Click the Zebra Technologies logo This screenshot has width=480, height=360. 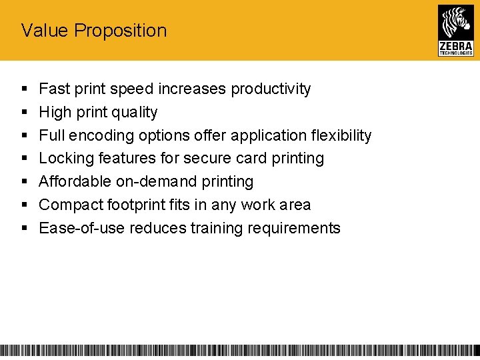click(x=455, y=30)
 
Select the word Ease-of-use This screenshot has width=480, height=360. click(x=81, y=228)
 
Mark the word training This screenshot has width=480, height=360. click(x=217, y=229)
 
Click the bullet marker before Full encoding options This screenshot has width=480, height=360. click(x=25, y=135)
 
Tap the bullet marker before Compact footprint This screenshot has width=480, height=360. click(x=25, y=205)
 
